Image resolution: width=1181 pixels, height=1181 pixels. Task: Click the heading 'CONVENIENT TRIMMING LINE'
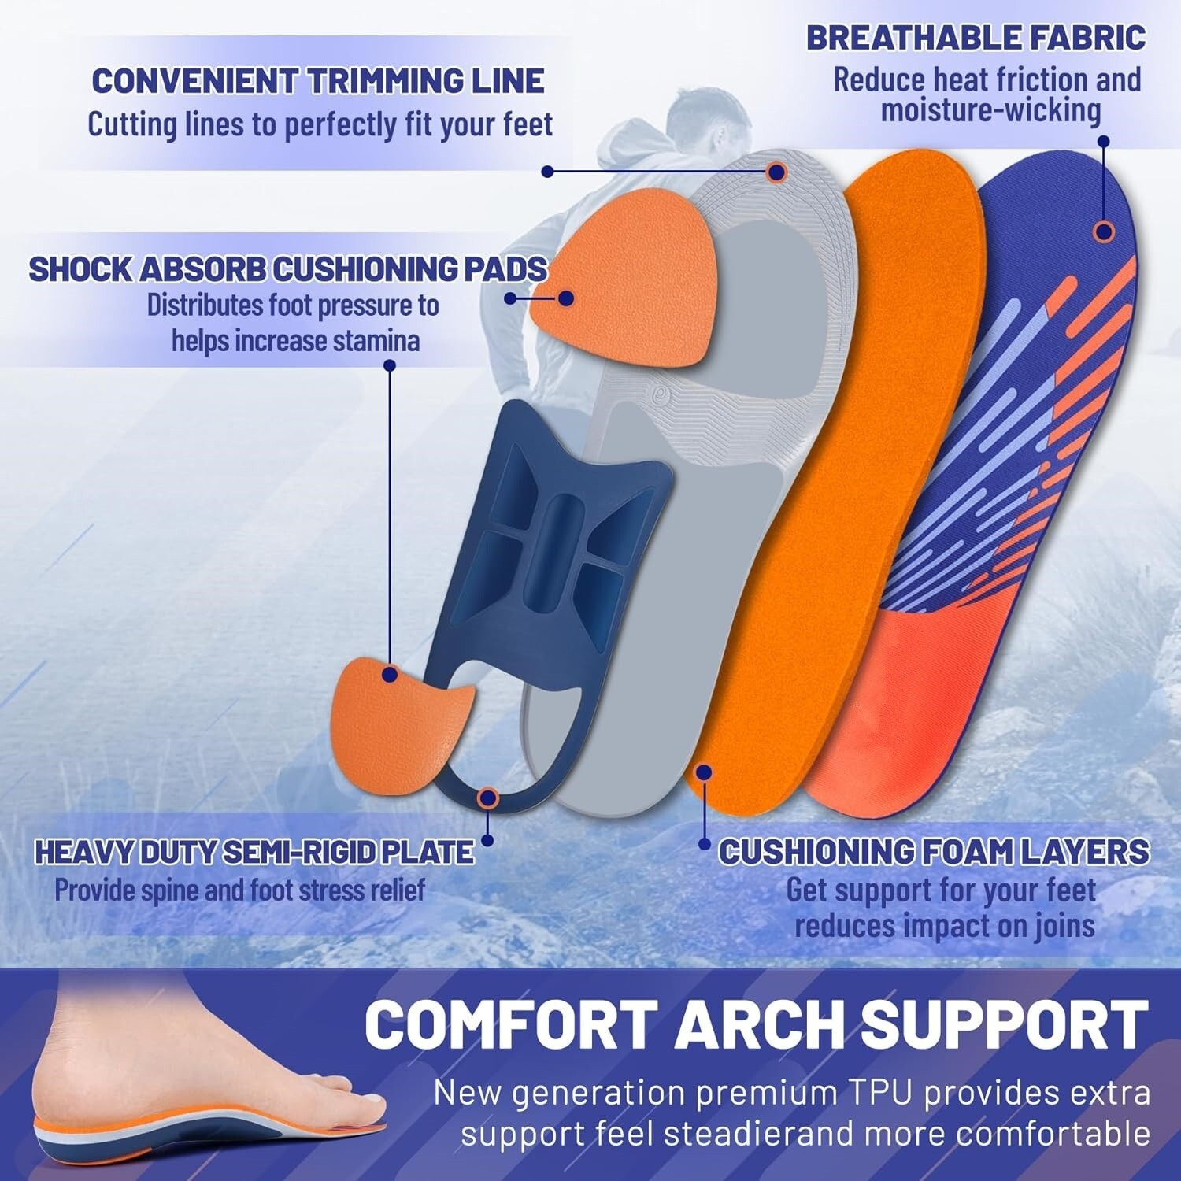click(x=318, y=81)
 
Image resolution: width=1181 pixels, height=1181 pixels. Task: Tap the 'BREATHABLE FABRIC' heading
click(x=976, y=38)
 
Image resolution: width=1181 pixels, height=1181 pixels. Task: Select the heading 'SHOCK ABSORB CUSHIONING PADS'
click(x=287, y=269)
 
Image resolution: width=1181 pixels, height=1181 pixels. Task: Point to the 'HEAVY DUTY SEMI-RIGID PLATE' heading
click(x=254, y=852)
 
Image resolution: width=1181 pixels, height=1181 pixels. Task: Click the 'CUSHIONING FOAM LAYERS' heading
click(x=934, y=852)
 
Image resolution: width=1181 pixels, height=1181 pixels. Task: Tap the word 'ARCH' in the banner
click(x=761, y=1024)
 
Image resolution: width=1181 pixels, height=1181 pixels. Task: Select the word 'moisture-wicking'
click(x=990, y=111)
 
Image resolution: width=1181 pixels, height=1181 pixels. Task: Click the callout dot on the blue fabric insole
click(x=1105, y=231)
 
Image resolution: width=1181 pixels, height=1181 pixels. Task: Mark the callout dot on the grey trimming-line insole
click(x=776, y=171)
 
